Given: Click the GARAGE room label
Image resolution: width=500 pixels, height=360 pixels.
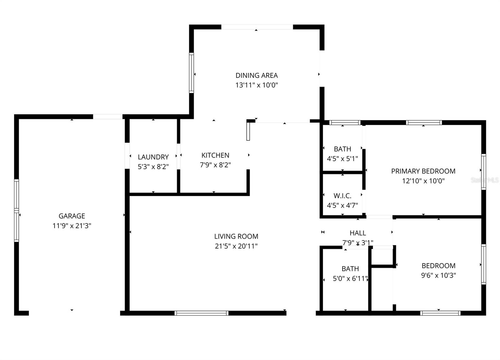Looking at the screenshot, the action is pos(72,216).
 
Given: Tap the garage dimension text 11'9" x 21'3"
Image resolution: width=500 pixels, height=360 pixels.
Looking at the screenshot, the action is pos(72,226).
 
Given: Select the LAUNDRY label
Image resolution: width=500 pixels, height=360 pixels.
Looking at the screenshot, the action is pos(153,157).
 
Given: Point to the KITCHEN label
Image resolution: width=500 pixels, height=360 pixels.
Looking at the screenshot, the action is pos(215,155).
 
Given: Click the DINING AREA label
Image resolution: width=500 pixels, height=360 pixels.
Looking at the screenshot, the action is pos(257,75).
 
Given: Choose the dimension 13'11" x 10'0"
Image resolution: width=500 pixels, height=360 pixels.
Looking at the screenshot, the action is pos(257,85).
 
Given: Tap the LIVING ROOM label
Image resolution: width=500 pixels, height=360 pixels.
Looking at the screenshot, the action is pos(236,236).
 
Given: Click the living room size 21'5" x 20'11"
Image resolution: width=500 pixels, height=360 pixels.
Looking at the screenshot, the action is pos(236,246).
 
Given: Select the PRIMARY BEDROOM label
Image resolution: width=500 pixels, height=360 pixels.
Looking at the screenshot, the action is pos(423,171).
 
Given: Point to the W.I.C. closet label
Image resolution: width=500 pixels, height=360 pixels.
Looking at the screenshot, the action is pos(342,196).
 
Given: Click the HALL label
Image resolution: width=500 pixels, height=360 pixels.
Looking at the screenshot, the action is pos(357,233).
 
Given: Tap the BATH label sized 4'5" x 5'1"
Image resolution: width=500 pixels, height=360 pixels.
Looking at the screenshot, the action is pos(342,149).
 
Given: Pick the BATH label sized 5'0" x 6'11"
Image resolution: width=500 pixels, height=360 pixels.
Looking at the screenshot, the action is pos(350,269).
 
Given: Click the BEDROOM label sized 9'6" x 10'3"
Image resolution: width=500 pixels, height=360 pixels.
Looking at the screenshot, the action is pos(438,266).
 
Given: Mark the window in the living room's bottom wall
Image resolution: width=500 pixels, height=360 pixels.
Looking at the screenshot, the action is pos(202,313).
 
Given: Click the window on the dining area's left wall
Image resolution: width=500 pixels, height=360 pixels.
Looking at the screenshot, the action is pos(191,73).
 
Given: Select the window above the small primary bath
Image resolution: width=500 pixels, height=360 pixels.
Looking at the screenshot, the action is pos(345,123).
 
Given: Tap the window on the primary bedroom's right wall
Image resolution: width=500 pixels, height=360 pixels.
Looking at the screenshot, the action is pos(483,172).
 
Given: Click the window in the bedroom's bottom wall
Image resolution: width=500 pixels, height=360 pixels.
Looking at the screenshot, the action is pos(440,313).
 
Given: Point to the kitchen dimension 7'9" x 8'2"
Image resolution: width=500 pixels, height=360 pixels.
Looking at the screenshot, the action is pos(215,165).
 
